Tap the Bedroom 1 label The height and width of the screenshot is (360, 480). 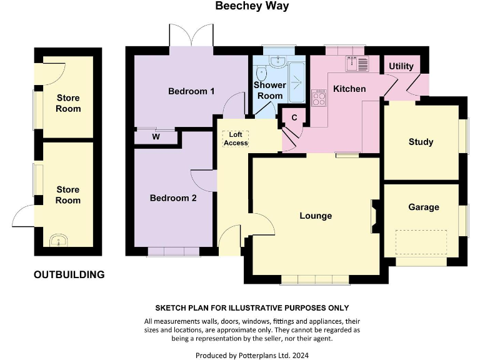click(x=191, y=91)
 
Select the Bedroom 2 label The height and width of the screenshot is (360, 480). click(x=173, y=198)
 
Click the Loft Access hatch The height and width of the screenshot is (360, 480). click(x=236, y=139)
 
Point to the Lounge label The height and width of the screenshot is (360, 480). click(x=316, y=216)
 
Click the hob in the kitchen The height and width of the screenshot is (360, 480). click(x=319, y=97)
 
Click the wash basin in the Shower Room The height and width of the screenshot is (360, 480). click(x=277, y=61)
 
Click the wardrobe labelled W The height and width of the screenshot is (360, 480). click(x=156, y=136)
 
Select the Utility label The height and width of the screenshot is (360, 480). click(x=401, y=66)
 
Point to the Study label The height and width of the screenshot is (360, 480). click(x=421, y=142)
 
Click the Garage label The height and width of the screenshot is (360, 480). click(x=423, y=207)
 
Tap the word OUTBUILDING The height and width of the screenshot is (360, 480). click(x=69, y=274)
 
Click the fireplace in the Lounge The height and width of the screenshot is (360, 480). click(x=373, y=216)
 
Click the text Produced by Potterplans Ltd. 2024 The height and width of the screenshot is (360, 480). click(x=252, y=354)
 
